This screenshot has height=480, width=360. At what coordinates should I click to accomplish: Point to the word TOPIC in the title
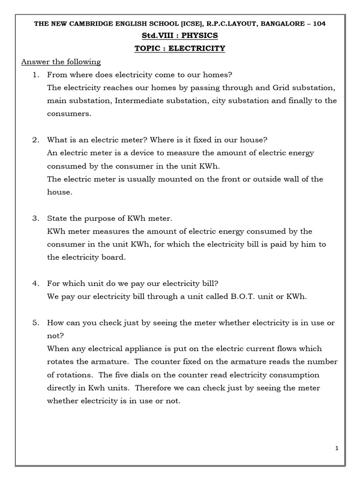tap(148, 49)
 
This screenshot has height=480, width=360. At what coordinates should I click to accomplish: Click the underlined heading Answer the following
tap(61, 62)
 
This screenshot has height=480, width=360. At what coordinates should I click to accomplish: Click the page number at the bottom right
tap(337, 449)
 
